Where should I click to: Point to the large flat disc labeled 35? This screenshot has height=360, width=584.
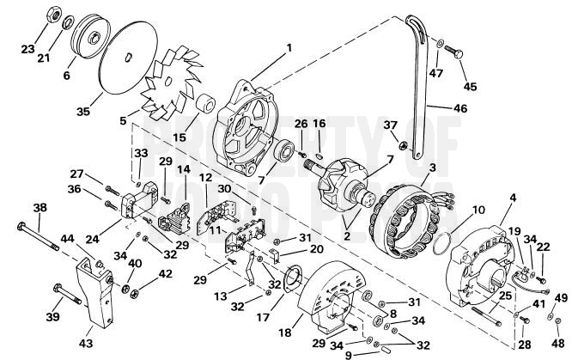coord(127,66)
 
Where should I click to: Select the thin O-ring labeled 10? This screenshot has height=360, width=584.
coord(439,240)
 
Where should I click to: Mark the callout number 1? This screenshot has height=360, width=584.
coord(289,46)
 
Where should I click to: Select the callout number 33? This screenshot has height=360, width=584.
coord(141,153)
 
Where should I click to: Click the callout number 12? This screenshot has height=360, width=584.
coord(205,177)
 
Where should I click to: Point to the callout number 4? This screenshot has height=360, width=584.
coord(513,198)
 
